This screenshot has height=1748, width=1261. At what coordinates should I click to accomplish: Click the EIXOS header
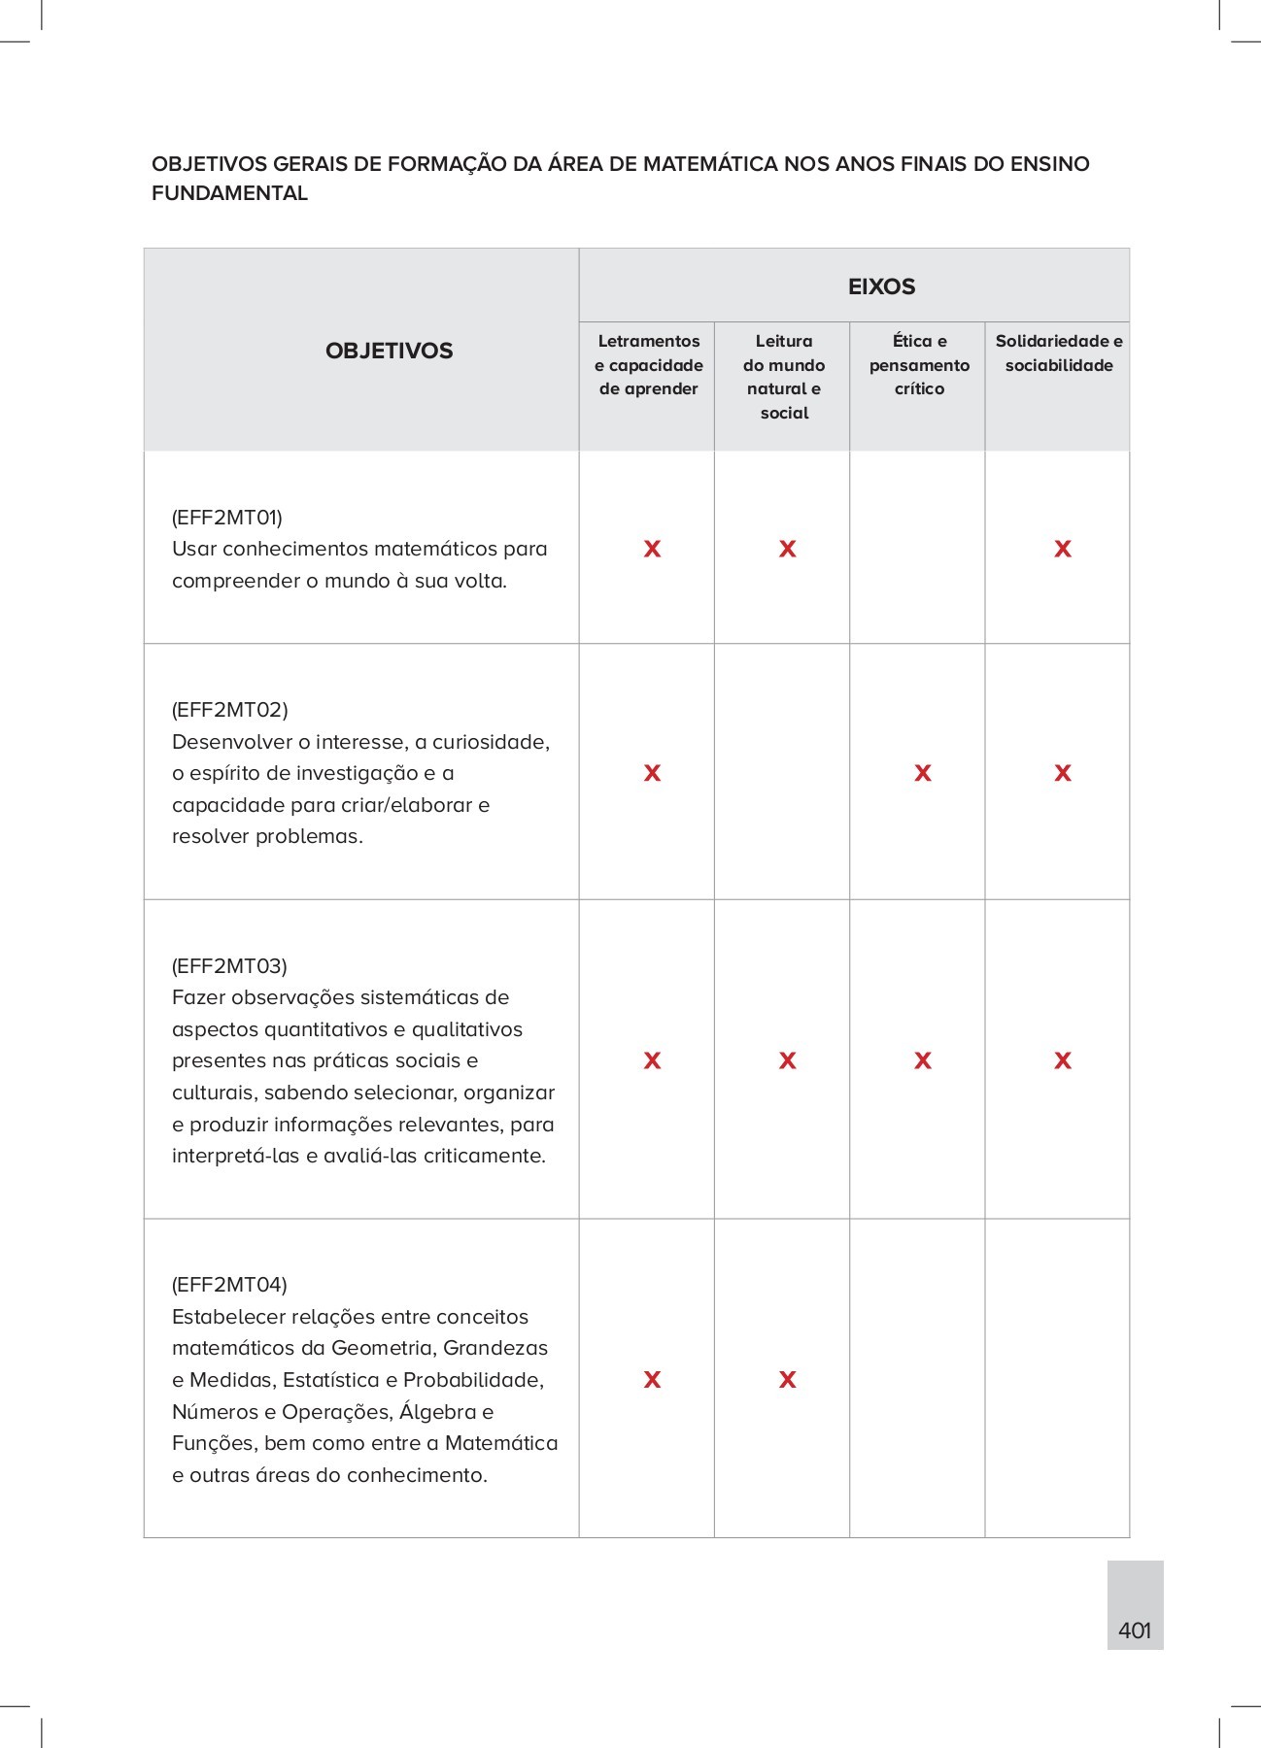pos(881,286)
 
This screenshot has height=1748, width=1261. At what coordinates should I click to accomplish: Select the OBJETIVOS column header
pos(389,351)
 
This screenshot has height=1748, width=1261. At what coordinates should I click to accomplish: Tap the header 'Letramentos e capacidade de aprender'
pos(648,365)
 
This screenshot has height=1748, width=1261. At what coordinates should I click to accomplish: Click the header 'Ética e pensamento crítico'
pos(919,365)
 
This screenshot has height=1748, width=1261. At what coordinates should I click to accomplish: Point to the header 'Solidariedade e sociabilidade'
pos(1058,353)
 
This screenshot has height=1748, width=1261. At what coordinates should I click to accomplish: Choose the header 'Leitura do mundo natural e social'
pos(784,377)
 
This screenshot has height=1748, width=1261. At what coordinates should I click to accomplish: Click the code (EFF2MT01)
pos(227,517)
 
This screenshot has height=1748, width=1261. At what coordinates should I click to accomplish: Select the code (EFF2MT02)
pos(229,709)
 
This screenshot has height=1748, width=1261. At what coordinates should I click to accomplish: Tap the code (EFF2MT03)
pos(229,965)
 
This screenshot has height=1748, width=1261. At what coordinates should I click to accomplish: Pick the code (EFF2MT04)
pos(229,1285)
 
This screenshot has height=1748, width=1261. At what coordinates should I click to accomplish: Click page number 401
pos(1134,1630)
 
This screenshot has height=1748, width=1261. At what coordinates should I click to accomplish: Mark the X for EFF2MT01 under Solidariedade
pos(1063,549)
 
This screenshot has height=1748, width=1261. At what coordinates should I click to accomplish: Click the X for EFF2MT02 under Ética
pos(922,773)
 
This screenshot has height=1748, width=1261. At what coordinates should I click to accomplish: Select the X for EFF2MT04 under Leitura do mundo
pos(787,1379)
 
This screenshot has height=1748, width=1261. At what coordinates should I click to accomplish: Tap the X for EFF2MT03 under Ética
pos(922,1060)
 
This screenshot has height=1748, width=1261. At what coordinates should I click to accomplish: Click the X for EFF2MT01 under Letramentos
pos(652,549)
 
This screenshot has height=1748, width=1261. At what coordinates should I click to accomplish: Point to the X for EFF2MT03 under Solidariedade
pos(1063,1060)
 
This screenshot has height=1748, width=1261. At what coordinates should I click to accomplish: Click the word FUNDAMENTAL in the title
pos(229,193)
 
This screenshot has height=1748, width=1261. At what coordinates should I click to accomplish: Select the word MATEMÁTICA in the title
pos(710,163)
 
